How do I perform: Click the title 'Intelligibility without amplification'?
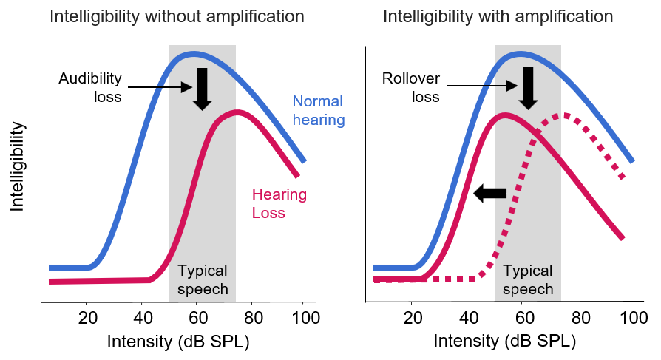click(x=177, y=16)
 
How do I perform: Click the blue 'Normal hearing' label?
click(x=319, y=110)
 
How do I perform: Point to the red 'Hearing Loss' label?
click(x=279, y=204)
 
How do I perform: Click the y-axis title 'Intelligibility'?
click(x=17, y=167)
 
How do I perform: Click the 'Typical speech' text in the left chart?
click(x=203, y=279)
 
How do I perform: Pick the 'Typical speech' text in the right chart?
click(x=528, y=279)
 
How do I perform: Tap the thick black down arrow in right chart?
click(x=527, y=87)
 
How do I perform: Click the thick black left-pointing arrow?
click(x=489, y=194)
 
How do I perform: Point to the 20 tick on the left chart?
click(x=87, y=319)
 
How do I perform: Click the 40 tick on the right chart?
click(x=467, y=319)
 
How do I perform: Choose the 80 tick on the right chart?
click(x=577, y=319)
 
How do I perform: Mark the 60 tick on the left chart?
click(x=196, y=319)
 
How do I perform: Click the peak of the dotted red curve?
click(x=565, y=115)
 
